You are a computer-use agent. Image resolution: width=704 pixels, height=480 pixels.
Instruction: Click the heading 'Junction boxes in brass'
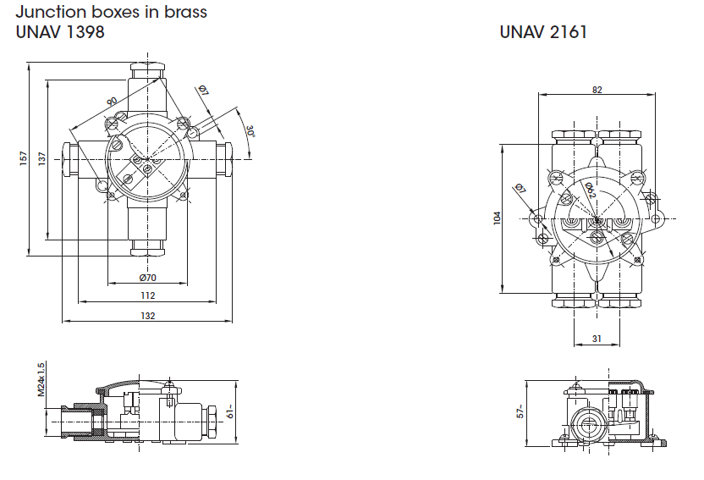111,13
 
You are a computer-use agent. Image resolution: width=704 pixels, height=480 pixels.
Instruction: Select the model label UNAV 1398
60,33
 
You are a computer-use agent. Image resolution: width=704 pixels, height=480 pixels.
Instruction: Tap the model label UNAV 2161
543,33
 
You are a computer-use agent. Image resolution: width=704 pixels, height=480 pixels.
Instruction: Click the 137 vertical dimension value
42,157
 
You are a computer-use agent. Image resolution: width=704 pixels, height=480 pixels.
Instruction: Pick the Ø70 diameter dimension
147,278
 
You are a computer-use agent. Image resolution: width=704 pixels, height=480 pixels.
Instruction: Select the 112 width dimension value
147,295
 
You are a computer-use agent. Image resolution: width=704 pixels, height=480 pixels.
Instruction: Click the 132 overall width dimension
147,316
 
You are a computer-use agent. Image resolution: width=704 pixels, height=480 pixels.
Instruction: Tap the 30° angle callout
250,132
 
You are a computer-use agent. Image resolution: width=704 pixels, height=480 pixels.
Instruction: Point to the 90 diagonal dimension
112,102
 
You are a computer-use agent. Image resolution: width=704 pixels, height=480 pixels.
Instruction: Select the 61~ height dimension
230,412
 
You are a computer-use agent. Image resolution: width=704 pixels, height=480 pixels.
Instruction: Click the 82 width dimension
597,90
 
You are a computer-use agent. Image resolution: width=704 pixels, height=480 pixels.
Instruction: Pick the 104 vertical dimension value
497,218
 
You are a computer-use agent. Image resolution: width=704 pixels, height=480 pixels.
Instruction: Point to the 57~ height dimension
521,411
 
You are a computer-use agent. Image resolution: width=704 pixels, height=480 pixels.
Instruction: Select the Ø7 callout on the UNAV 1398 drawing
204,91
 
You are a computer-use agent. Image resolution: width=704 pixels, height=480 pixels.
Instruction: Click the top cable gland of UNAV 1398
147,72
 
